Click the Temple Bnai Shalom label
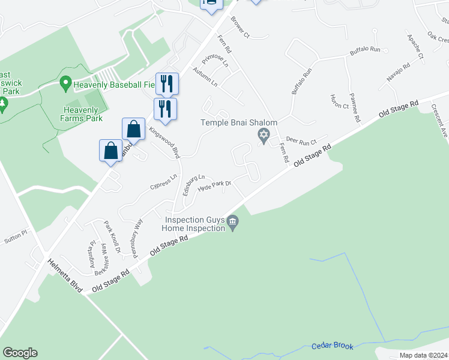(239, 123)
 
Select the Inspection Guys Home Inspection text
(196, 224)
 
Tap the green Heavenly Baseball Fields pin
(65, 85)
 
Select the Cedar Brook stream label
(333, 346)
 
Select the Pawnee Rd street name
(354, 107)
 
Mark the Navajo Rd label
(398, 71)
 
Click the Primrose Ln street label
(215, 59)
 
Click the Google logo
(20, 353)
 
